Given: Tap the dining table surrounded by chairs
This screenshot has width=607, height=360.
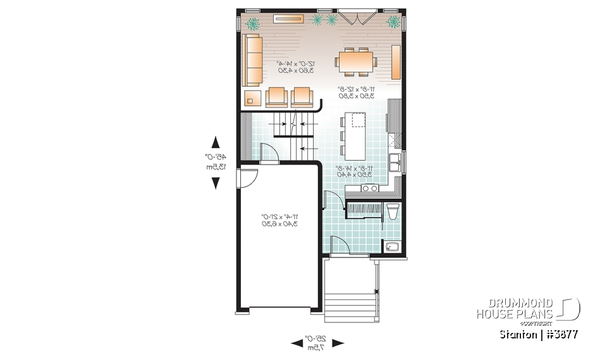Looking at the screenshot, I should click(x=357, y=62).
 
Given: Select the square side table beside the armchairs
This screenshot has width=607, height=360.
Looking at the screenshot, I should click(x=252, y=97).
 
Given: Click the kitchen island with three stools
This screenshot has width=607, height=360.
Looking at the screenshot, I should click(x=355, y=135).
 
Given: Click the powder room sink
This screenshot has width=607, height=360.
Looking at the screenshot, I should click(x=393, y=247).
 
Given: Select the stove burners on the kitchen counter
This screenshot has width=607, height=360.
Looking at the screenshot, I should click(x=369, y=188).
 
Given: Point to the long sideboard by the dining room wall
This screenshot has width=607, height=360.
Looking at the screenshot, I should click(x=396, y=61).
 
